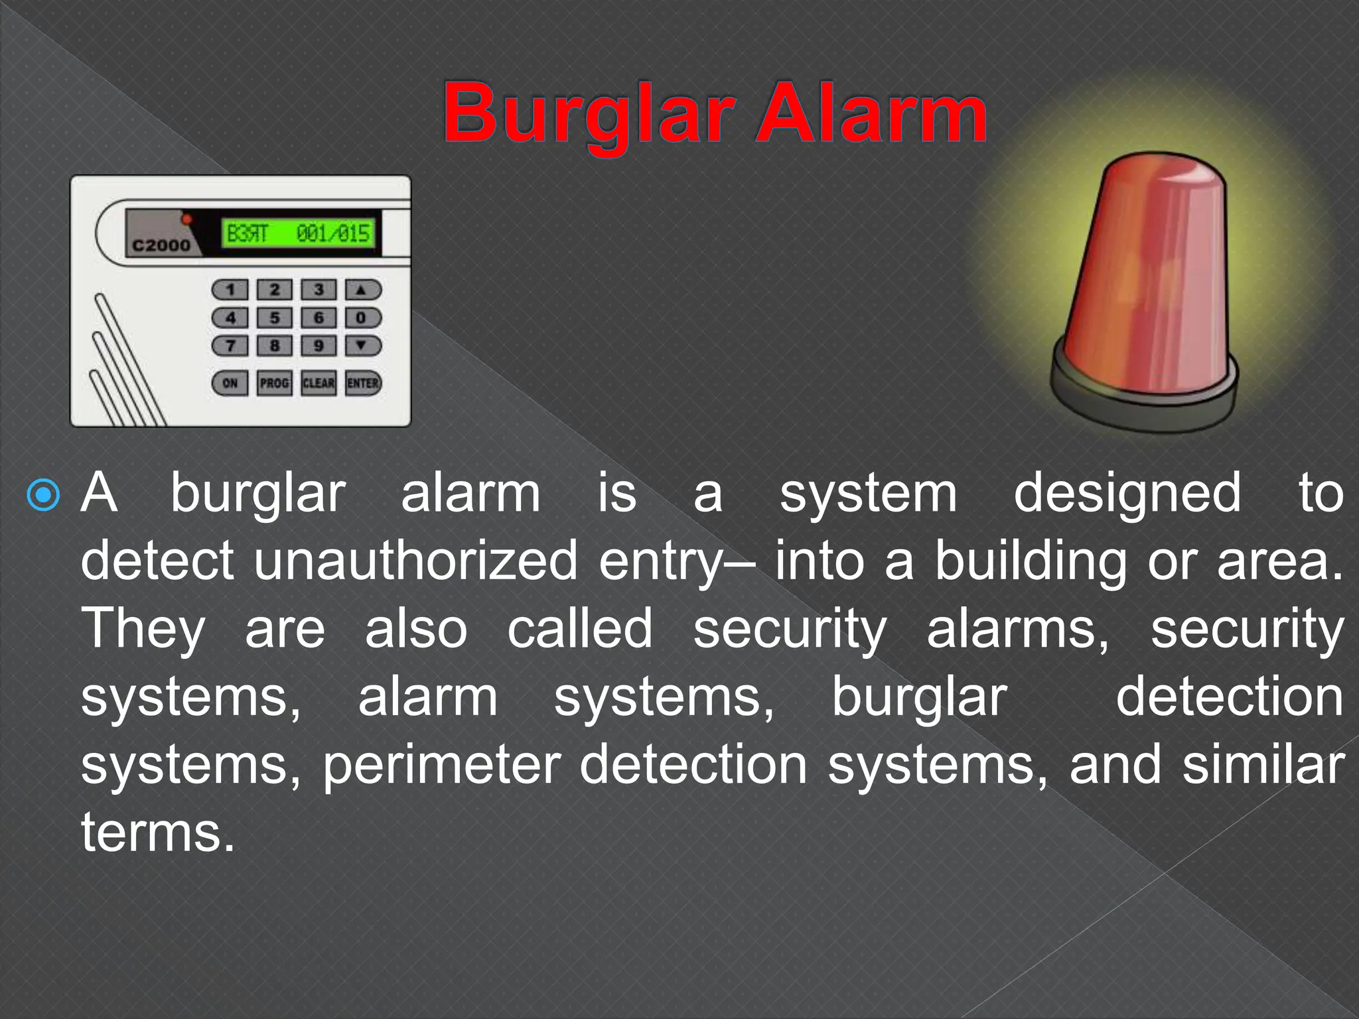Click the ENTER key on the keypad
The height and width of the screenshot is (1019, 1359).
pyautogui.click(x=363, y=383)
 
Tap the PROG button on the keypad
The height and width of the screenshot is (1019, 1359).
pyautogui.click(x=274, y=383)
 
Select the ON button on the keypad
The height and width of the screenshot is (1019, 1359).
pyautogui.click(x=230, y=383)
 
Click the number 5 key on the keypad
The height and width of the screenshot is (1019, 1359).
pyautogui.click(x=274, y=318)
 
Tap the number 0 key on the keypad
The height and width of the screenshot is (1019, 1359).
pyautogui.click(x=362, y=318)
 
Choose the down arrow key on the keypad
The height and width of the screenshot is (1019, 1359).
pyautogui.click(x=362, y=346)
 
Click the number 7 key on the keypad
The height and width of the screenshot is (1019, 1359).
pyautogui.click(x=230, y=346)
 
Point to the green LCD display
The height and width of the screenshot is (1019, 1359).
pyautogui.click(x=299, y=234)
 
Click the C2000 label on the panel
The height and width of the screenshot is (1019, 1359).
pyautogui.click(x=161, y=245)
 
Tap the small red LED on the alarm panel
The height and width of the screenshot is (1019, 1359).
pyautogui.click(x=187, y=219)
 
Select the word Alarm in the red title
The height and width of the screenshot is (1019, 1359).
pyautogui.click(x=872, y=114)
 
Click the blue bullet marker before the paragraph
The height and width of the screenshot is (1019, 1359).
pyautogui.click(x=44, y=495)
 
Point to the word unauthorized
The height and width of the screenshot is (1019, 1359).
pyautogui.click(x=415, y=561)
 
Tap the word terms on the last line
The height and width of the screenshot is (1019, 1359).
pyautogui.click(x=157, y=833)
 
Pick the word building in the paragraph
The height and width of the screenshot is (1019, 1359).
pyautogui.click(x=1031, y=561)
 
